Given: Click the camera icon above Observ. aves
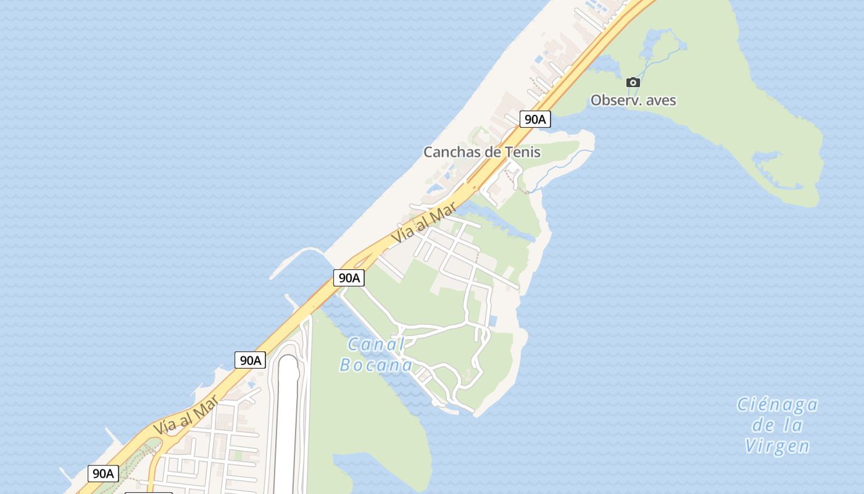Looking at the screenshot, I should (x=633, y=82).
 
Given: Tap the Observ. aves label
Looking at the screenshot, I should (x=633, y=100).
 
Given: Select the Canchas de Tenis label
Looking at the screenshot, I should (x=481, y=152).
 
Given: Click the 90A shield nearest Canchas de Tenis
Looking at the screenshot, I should (x=534, y=119).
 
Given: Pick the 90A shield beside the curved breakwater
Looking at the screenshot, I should (x=349, y=278).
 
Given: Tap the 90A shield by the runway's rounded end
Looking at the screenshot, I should (x=250, y=360).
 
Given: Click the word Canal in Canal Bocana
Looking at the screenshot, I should (x=375, y=345).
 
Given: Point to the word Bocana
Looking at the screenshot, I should (x=376, y=365).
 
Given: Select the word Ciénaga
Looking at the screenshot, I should (x=778, y=405).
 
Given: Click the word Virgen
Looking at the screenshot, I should (x=777, y=446).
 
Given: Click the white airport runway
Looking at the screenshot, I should (x=287, y=426).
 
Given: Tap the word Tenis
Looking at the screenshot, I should (x=523, y=152).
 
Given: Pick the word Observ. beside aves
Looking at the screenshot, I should (x=614, y=100).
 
